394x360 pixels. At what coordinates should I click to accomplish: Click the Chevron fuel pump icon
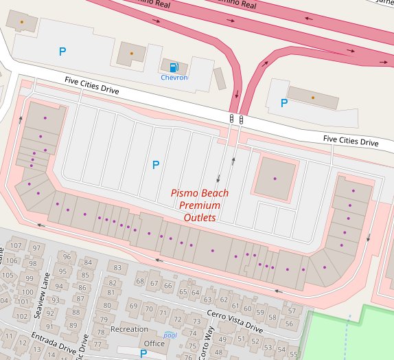[174, 67]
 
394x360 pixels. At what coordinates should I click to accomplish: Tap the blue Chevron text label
[174, 78]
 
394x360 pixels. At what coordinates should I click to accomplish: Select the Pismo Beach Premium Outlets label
[199, 205]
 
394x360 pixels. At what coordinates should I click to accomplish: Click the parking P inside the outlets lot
[155, 165]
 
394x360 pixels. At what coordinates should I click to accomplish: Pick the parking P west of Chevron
[62, 52]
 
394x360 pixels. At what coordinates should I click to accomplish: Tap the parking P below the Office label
[143, 354]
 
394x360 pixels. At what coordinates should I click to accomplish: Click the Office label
[154, 344]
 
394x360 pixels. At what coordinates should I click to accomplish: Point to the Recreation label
[129, 330]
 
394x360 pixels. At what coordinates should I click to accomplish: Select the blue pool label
[170, 335]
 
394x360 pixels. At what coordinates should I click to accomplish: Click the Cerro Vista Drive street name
[235, 321]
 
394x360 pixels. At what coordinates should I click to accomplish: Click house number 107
[17, 246]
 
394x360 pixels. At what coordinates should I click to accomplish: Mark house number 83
[117, 268]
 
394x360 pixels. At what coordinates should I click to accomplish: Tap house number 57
[291, 311]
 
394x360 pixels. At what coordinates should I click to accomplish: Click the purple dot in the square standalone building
[274, 179]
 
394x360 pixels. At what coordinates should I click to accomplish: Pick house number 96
[67, 256]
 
